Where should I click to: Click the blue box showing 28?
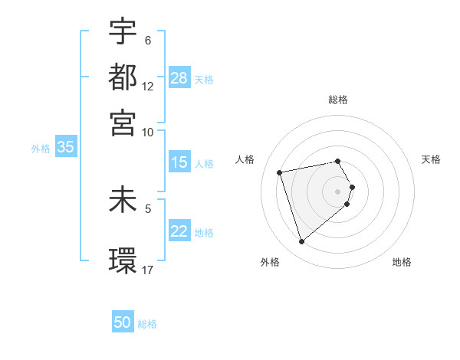(x=179, y=78)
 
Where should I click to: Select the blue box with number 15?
(x=179, y=162)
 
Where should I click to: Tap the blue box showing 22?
(x=179, y=231)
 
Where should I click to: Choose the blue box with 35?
(x=65, y=148)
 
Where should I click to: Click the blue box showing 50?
(x=123, y=322)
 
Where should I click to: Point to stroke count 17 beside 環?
(x=148, y=270)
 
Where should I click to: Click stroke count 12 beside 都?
(x=148, y=87)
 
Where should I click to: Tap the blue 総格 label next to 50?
(x=147, y=324)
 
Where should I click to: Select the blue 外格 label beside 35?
(x=41, y=149)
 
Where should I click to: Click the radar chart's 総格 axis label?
(x=338, y=100)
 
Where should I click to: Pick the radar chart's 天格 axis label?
(x=432, y=159)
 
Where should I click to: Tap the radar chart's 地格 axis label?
(x=402, y=262)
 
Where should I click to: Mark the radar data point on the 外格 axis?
(x=301, y=242)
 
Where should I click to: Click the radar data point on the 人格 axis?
(x=280, y=172)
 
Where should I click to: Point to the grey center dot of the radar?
(x=338, y=191)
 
